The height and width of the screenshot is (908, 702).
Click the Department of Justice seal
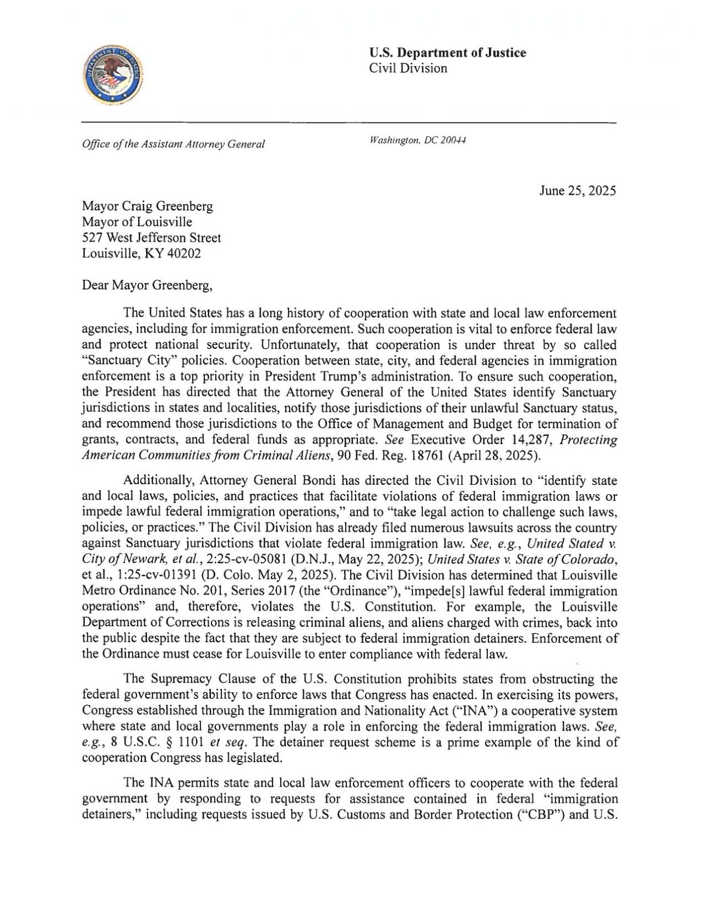[x=112, y=75]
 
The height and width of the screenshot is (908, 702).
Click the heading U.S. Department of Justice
[x=447, y=53]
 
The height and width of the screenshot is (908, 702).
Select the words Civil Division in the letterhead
[x=408, y=68]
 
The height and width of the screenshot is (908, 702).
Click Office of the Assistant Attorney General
[x=173, y=144]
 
